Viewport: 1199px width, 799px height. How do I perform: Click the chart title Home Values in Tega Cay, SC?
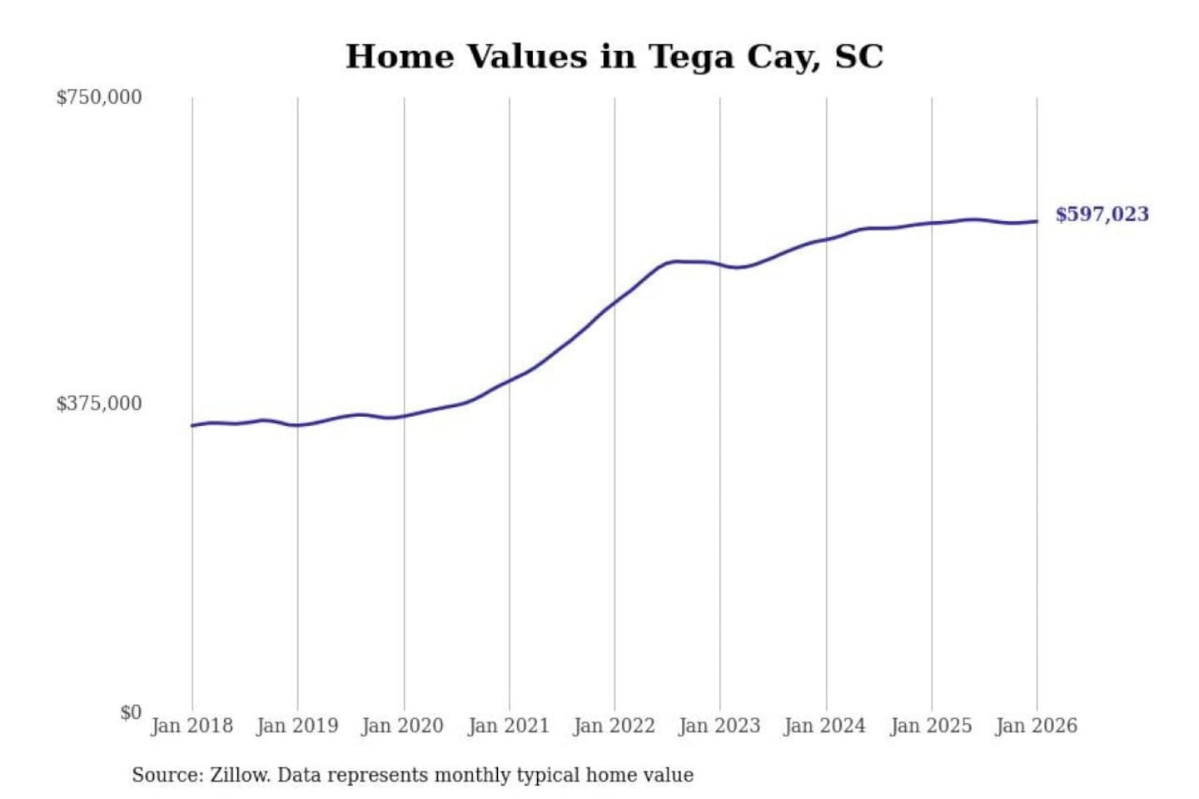tap(614, 57)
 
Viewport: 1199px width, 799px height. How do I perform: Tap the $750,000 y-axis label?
tap(99, 97)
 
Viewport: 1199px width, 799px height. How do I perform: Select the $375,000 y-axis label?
tap(99, 404)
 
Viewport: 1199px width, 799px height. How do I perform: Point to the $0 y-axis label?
tap(131, 712)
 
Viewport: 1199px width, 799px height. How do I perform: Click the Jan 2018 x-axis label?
tap(192, 726)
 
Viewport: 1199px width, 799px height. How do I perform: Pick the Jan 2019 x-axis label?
tap(297, 726)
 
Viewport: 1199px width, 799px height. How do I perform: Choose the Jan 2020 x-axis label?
tap(403, 726)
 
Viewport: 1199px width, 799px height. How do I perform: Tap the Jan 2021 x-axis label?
tap(509, 726)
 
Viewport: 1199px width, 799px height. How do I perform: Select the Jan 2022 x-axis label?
tap(614, 726)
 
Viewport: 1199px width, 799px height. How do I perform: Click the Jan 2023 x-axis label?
tap(719, 726)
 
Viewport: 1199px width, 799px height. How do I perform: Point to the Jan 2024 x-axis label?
tap(825, 726)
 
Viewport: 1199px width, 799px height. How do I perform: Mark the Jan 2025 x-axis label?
tap(931, 726)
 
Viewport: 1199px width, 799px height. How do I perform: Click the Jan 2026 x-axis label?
tap(1037, 726)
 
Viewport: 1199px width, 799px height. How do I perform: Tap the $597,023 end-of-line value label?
tap(1102, 214)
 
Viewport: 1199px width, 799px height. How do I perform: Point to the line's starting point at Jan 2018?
tap(192, 425)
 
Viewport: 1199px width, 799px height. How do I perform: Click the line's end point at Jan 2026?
tap(1037, 221)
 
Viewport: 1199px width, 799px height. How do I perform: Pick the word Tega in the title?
tap(690, 57)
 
